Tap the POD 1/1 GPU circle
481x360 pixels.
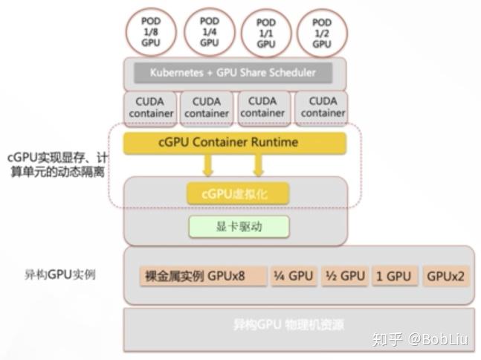tap(266, 33)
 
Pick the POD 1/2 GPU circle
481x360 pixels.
tap(321, 33)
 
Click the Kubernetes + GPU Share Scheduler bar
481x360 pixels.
tap(233, 73)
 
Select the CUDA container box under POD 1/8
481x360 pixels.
tap(150, 107)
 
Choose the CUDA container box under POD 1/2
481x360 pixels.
tap(323, 107)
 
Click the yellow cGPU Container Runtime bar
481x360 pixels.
tap(234, 142)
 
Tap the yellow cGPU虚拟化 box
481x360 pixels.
tap(236, 193)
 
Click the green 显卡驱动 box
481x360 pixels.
tap(236, 227)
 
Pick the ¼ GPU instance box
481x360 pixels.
tap(293, 276)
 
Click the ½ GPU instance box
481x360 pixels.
tap(345, 276)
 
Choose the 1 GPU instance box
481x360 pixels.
tap(394, 276)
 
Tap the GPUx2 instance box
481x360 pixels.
tap(445, 276)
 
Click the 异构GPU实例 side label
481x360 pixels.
tap(59, 274)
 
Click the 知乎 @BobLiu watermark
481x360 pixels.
tap(420, 340)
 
